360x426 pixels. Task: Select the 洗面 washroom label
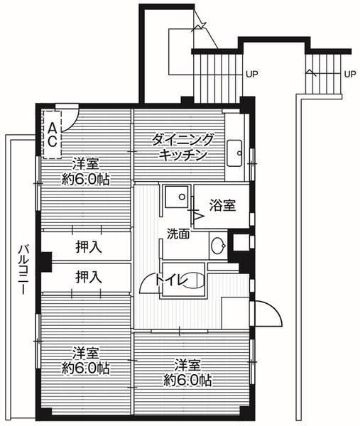178,234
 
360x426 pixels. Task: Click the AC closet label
53,133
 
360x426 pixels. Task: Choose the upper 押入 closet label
88,247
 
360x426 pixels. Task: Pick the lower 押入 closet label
88,276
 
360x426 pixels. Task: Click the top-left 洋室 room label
84,162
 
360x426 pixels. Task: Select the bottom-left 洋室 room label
84,354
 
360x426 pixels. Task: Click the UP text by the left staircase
251,73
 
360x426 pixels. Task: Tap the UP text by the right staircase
349,73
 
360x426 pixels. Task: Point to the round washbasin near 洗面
218,247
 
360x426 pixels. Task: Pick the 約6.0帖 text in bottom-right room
187,381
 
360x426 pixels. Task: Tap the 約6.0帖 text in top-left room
84,178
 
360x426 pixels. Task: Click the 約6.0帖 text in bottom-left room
84,368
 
